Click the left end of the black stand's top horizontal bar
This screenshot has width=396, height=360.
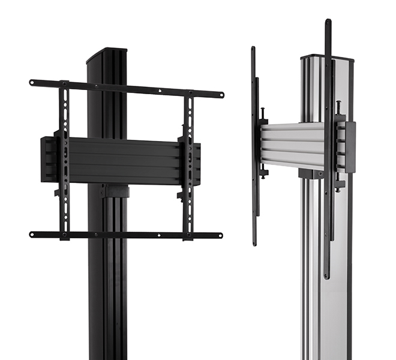pos(32,82)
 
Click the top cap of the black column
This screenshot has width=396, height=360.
pos(106,54)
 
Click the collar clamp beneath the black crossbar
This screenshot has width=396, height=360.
pos(115,191)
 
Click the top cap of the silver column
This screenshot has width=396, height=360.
pos(326,58)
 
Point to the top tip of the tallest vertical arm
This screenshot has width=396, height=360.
pos(328,22)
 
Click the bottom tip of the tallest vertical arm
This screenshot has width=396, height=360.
pos(326,276)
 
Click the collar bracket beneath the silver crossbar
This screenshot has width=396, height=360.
pos(310,173)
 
